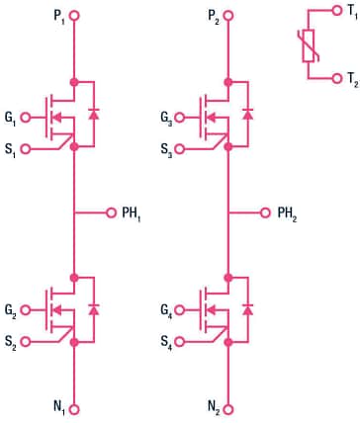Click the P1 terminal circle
pyautogui.click(x=74, y=16)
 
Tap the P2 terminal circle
pyautogui.click(x=229, y=16)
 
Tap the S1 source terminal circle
pyautogui.click(x=26, y=149)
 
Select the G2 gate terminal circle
pyautogui.click(x=26, y=310)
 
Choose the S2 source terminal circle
pyautogui.click(x=26, y=343)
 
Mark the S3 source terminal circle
pyautogui.click(x=181, y=149)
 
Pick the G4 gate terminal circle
pyautogui.click(x=181, y=310)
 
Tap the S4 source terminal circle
pyautogui.click(x=181, y=343)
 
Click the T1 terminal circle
pyautogui.click(x=339, y=13)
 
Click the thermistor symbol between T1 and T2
pyautogui.click(x=310, y=45)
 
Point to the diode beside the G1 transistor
pyautogui.click(x=95, y=115)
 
